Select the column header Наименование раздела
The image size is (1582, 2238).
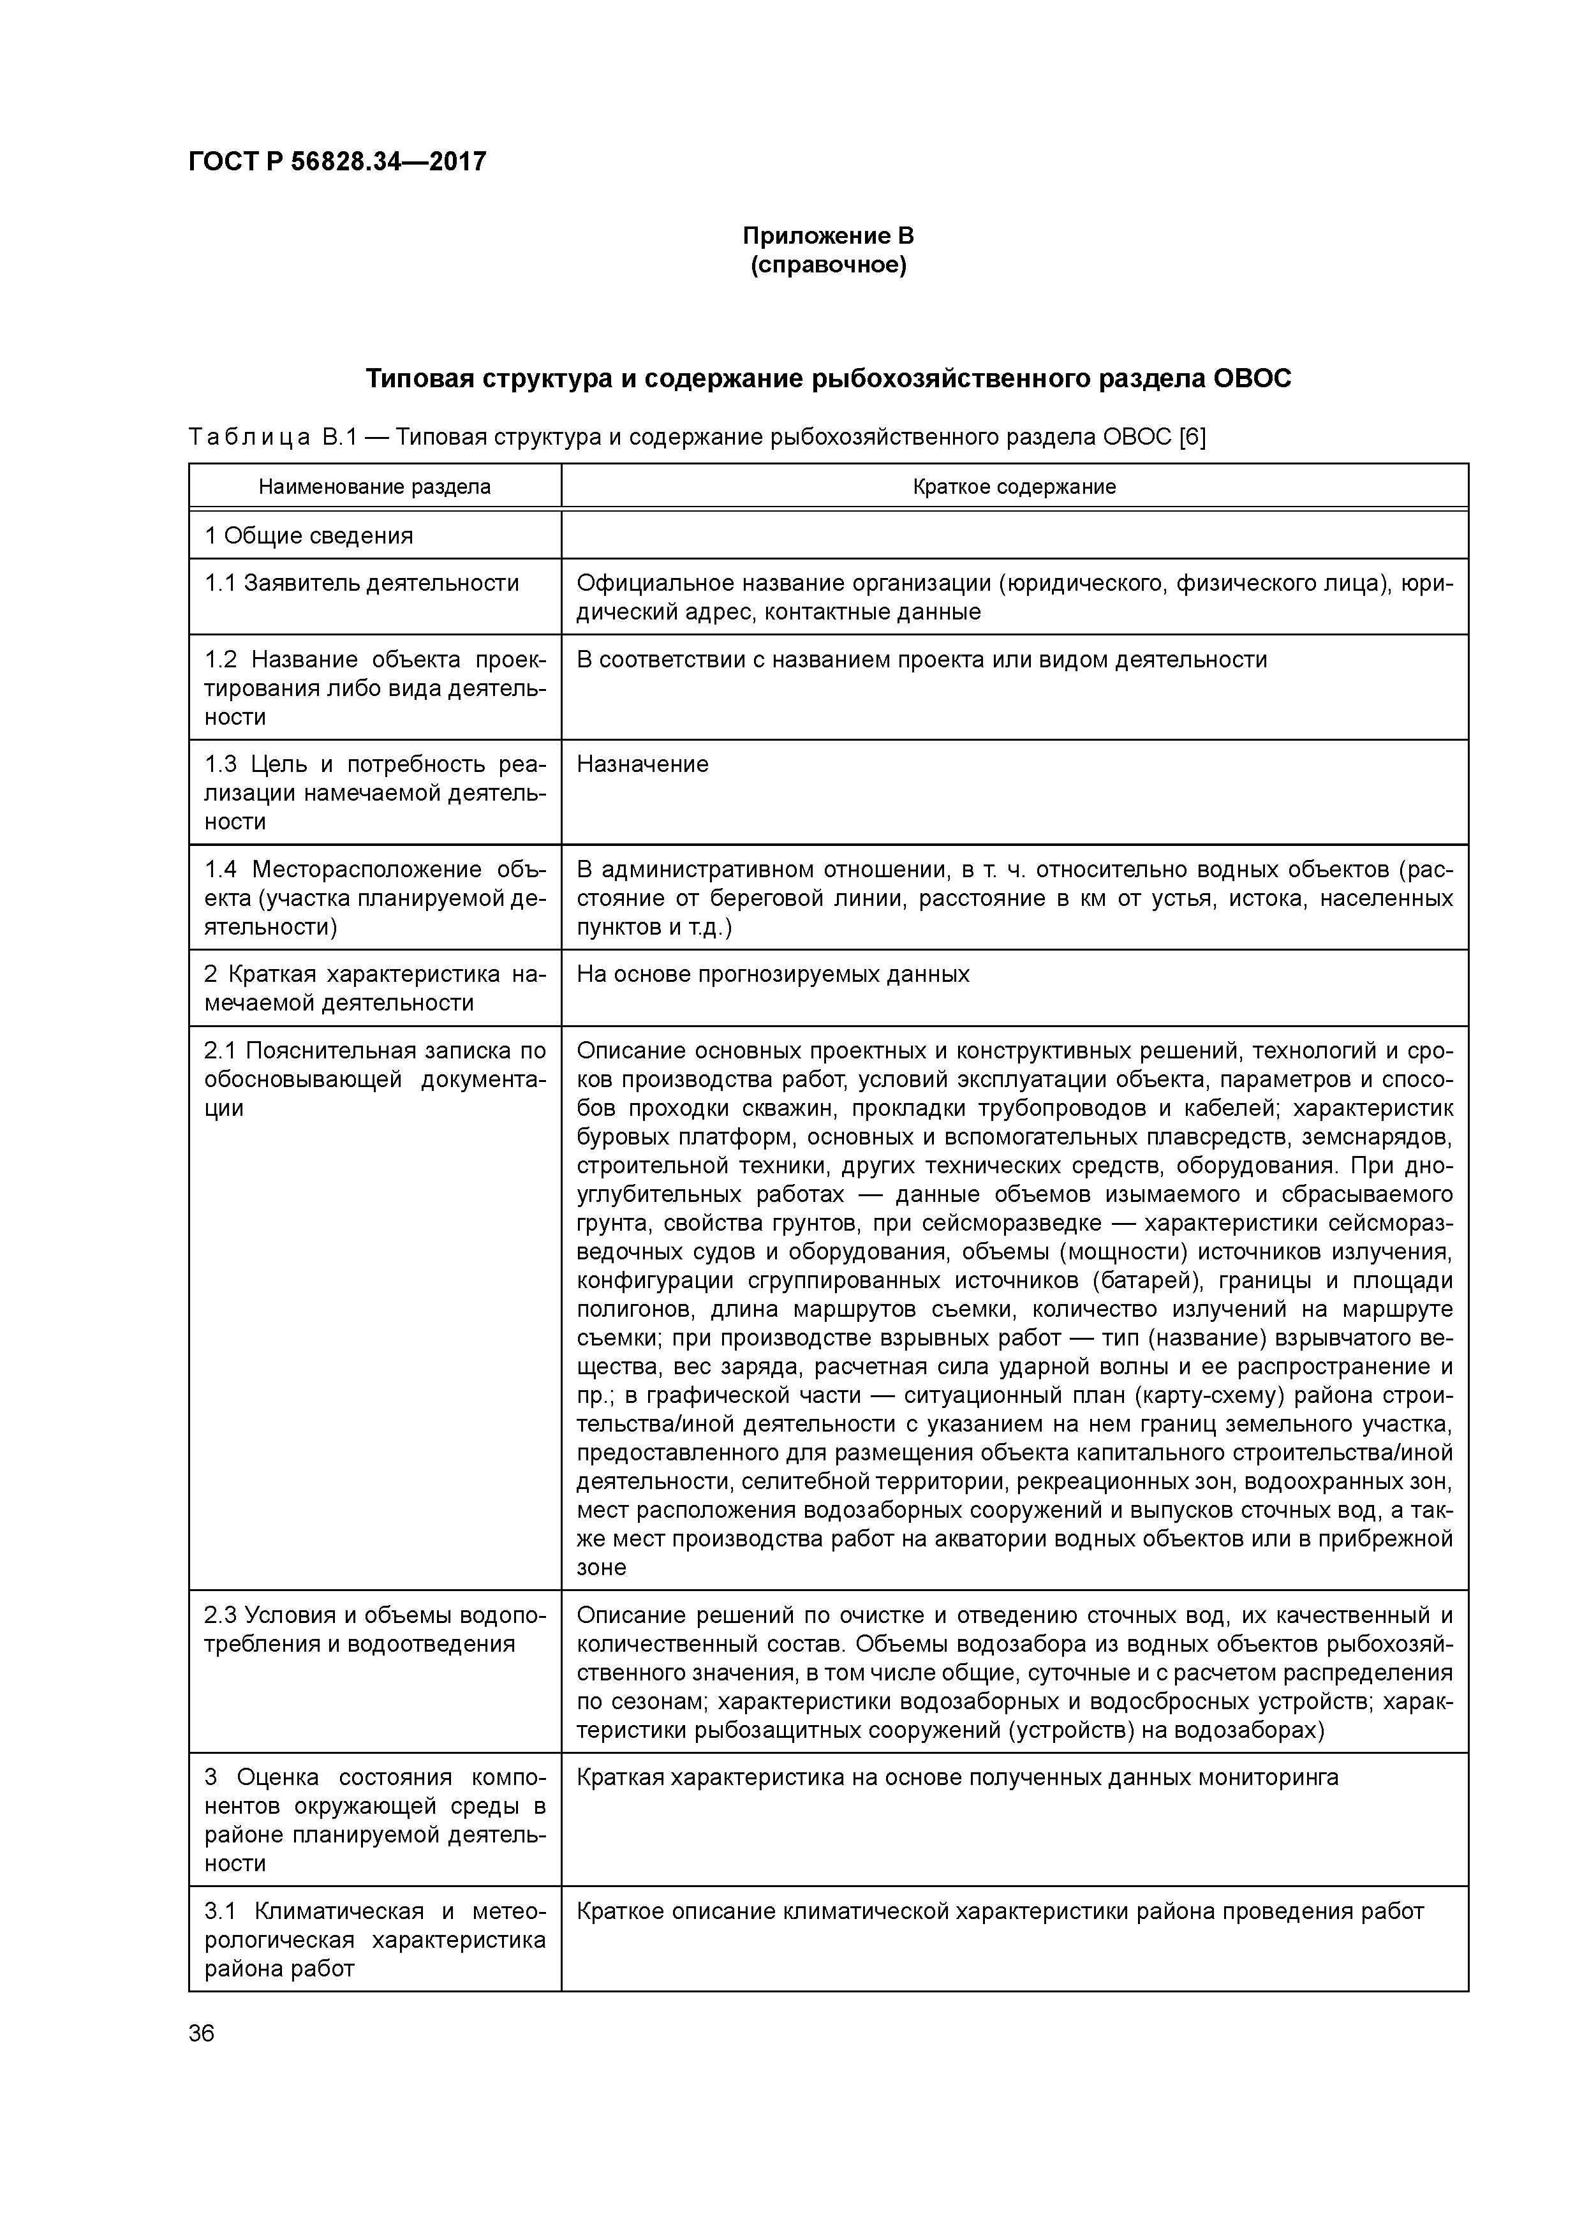coord(374,486)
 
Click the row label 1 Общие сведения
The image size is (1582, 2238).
coord(308,535)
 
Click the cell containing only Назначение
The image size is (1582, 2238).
coord(642,764)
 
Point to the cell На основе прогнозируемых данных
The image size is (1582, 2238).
coord(773,975)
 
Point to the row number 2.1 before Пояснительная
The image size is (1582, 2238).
coord(220,1051)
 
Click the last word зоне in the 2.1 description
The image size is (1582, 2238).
coord(600,1567)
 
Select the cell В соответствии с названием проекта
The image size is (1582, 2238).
coord(921,660)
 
